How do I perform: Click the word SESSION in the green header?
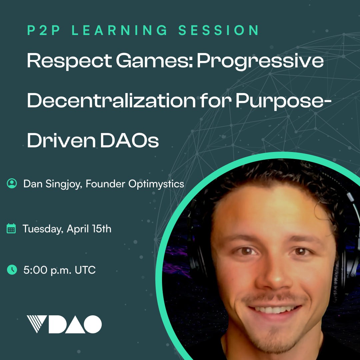click(219, 30)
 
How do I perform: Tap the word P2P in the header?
click(44, 30)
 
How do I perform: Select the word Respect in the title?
click(69, 61)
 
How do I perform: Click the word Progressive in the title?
click(260, 61)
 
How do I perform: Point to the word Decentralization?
click(111, 100)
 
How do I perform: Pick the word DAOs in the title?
click(129, 140)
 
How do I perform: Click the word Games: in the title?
click(154, 61)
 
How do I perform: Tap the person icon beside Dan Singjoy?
click(12, 183)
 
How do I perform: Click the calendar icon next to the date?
click(11, 228)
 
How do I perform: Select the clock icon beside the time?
click(12, 270)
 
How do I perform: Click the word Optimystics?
click(156, 184)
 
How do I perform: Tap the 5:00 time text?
click(35, 270)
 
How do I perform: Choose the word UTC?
click(85, 270)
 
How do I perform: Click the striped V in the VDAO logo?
click(37, 324)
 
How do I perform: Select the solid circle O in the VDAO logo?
click(93, 324)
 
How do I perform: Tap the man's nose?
click(274, 274)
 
